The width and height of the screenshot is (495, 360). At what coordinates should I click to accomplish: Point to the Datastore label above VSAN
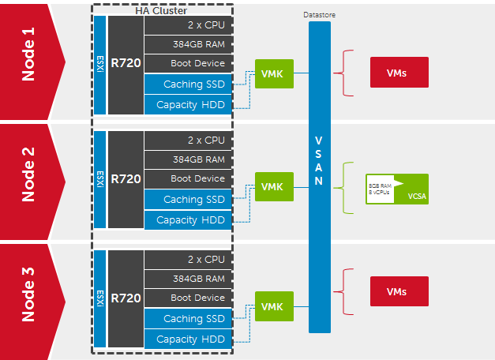pos(319,15)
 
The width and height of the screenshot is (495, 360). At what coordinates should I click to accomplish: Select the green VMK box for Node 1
pos(272,74)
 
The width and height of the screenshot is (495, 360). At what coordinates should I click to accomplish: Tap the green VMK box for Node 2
pos(272,187)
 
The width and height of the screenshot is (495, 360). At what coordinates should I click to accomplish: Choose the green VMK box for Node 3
pos(272,306)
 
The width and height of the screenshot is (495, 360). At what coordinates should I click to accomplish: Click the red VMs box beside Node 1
pos(399,73)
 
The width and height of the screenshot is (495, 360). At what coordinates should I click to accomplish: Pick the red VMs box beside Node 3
pos(399,291)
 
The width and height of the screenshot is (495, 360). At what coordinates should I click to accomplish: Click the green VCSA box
pos(398,189)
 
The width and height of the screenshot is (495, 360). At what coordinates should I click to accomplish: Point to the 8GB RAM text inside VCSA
pos(378,185)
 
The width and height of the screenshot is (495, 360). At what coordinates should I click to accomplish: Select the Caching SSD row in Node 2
pos(188,200)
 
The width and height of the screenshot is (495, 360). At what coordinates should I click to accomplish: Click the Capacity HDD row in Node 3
pos(188,339)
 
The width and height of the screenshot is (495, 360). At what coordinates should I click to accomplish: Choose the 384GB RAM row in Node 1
pos(188,44)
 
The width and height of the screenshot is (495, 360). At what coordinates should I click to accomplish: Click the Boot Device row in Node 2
pos(188,179)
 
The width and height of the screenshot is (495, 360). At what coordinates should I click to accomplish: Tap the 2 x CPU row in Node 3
pos(188,259)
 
